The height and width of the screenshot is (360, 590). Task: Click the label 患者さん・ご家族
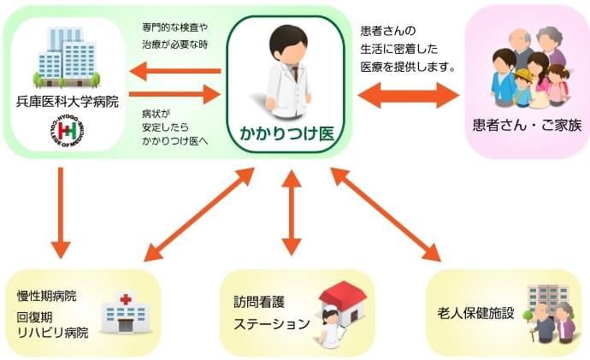coord(527,124)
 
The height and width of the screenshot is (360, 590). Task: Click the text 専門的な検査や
coord(174,27)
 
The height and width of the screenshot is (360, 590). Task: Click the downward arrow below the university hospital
coord(61,213)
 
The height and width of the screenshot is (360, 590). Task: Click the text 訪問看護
coord(257,302)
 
